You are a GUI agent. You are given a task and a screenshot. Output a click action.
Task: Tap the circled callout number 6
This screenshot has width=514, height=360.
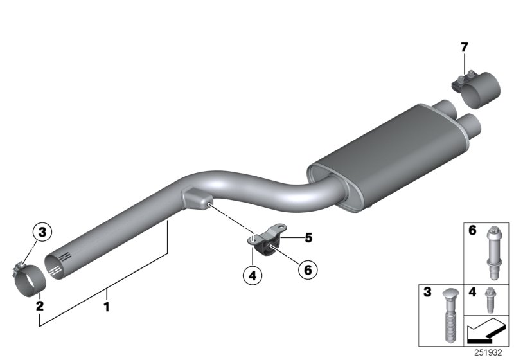tap(307, 271)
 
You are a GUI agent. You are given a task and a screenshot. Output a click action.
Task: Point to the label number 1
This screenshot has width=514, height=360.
tap(107, 307)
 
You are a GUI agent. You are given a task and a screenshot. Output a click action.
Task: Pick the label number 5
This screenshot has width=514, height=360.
tap(308, 238)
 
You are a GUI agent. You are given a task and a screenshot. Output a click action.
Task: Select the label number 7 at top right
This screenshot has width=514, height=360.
tap(465, 46)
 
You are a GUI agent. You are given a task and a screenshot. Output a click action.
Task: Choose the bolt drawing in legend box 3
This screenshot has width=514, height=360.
tap(447, 314)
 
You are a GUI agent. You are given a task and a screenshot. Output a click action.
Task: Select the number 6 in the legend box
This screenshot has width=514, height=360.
tap(472, 230)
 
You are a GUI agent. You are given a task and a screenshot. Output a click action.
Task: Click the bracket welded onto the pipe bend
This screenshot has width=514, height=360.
tap(195, 195)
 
